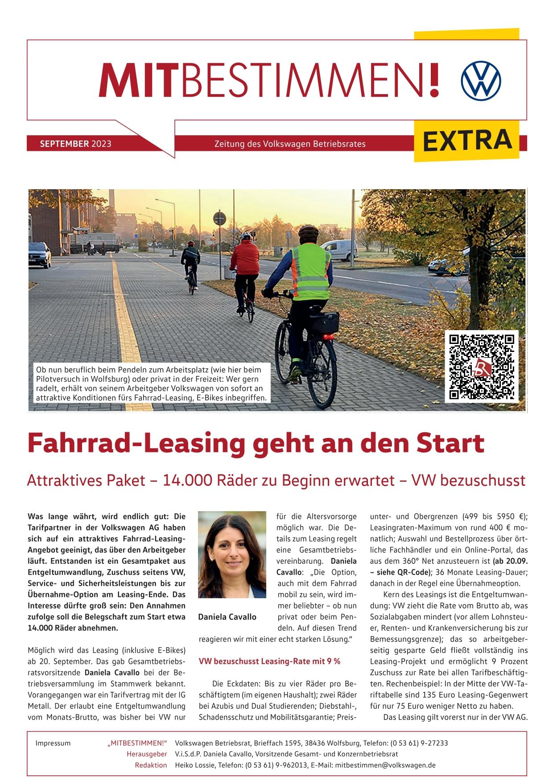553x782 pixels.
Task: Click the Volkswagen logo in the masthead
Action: (481, 81)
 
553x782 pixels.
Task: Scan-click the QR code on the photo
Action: (482, 366)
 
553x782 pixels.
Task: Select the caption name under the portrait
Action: (227, 617)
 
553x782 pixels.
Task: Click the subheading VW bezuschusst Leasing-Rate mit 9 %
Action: (269, 661)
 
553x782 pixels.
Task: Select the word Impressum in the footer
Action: (53, 743)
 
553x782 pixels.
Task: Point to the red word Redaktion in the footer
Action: (151, 765)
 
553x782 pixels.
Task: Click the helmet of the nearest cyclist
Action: (307, 232)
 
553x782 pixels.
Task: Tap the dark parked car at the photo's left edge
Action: (39, 255)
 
